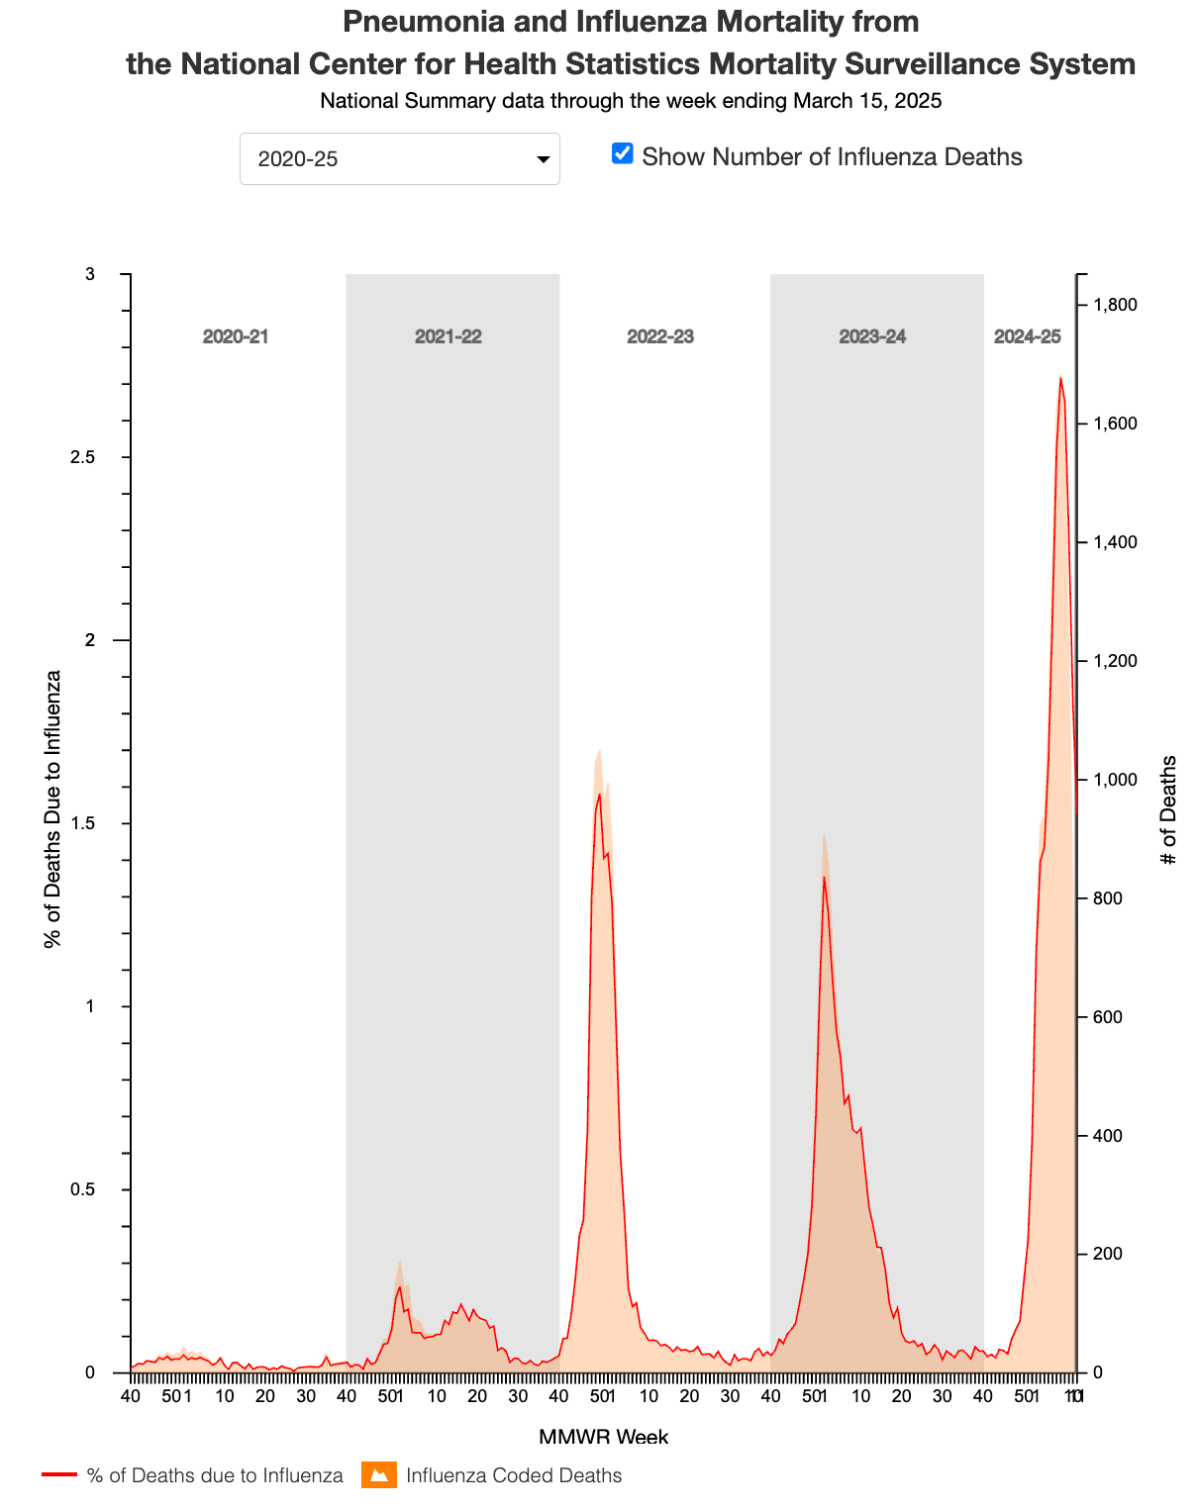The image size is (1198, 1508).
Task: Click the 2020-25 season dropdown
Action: click(x=399, y=158)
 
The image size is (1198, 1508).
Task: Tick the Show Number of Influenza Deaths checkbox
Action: click(x=622, y=153)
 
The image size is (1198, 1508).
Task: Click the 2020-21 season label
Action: click(x=236, y=336)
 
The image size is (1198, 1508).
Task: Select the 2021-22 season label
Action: click(x=448, y=336)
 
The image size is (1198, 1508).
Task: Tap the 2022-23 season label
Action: click(x=660, y=336)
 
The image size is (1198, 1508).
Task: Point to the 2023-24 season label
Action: click(x=872, y=336)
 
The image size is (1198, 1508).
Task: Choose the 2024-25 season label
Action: click(x=1027, y=336)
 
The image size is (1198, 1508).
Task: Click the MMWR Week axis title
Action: click(x=603, y=1437)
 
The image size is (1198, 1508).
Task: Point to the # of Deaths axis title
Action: click(x=1169, y=809)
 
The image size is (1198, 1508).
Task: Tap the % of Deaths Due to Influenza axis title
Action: click(x=52, y=809)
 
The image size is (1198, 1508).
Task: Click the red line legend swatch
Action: click(x=58, y=1475)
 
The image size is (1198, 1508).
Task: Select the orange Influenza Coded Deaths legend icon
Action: click(x=377, y=1475)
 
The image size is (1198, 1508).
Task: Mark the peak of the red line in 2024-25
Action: click(x=1060, y=378)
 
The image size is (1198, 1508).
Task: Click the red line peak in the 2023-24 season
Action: click(x=823, y=878)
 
